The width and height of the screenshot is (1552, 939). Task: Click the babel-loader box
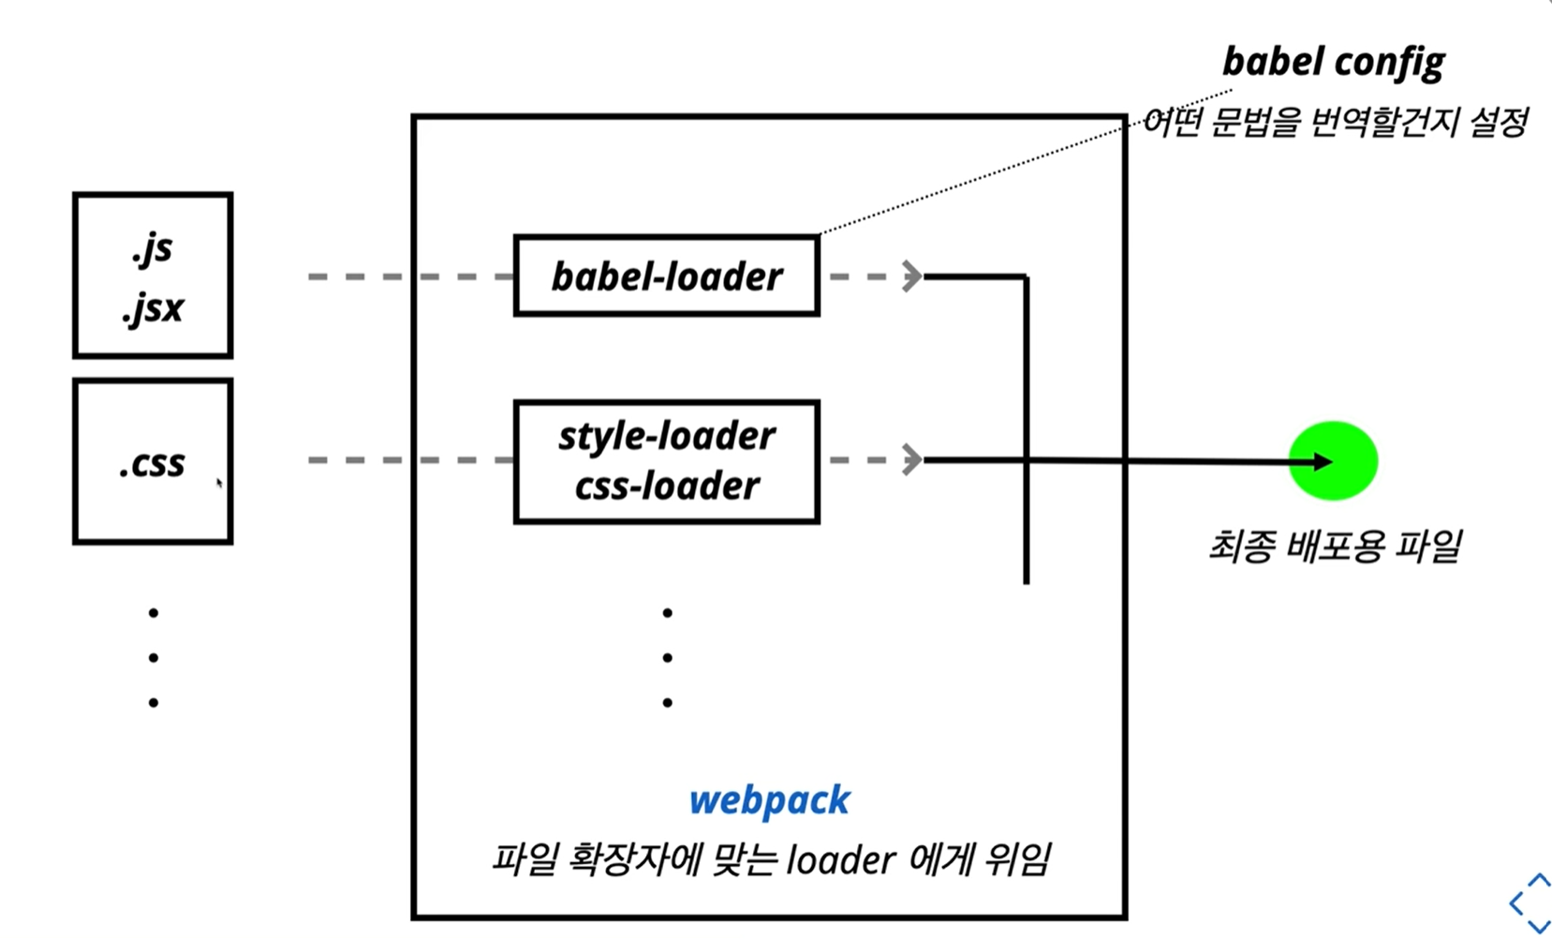pyautogui.click(x=666, y=276)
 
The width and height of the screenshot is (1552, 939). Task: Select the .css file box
pyautogui.click(x=153, y=461)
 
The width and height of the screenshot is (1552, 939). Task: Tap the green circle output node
pyautogui.click(x=1333, y=460)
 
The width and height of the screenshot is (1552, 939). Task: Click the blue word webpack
pyautogui.click(x=769, y=800)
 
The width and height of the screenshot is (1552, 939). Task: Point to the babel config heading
pyautogui.click(x=1333, y=62)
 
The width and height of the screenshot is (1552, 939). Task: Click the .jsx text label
pyautogui.click(x=153, y=308)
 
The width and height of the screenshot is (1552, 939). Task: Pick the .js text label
pyautogui.click(x=153, y=248)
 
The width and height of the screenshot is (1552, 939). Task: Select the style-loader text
pyautogui.click(x=666, y=436)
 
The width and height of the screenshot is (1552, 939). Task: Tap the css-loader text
pyautogui.click(x=666, y=485)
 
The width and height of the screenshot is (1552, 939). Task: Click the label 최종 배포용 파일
pyautogui.click(x=1334, y=545)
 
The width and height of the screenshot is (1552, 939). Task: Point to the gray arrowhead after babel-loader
pyautogui.click(x=911, y=276)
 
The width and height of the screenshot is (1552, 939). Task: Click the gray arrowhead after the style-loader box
pyautogui.click(x=911, y=460)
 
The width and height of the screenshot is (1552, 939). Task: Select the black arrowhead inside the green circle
pyautogui.click(x=1322, y=461)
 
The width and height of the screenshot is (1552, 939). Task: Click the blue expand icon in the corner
pyautogui.click(x=1530, y=902)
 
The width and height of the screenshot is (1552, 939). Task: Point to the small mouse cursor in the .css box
pyautogui.click(x=219, y=484)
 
